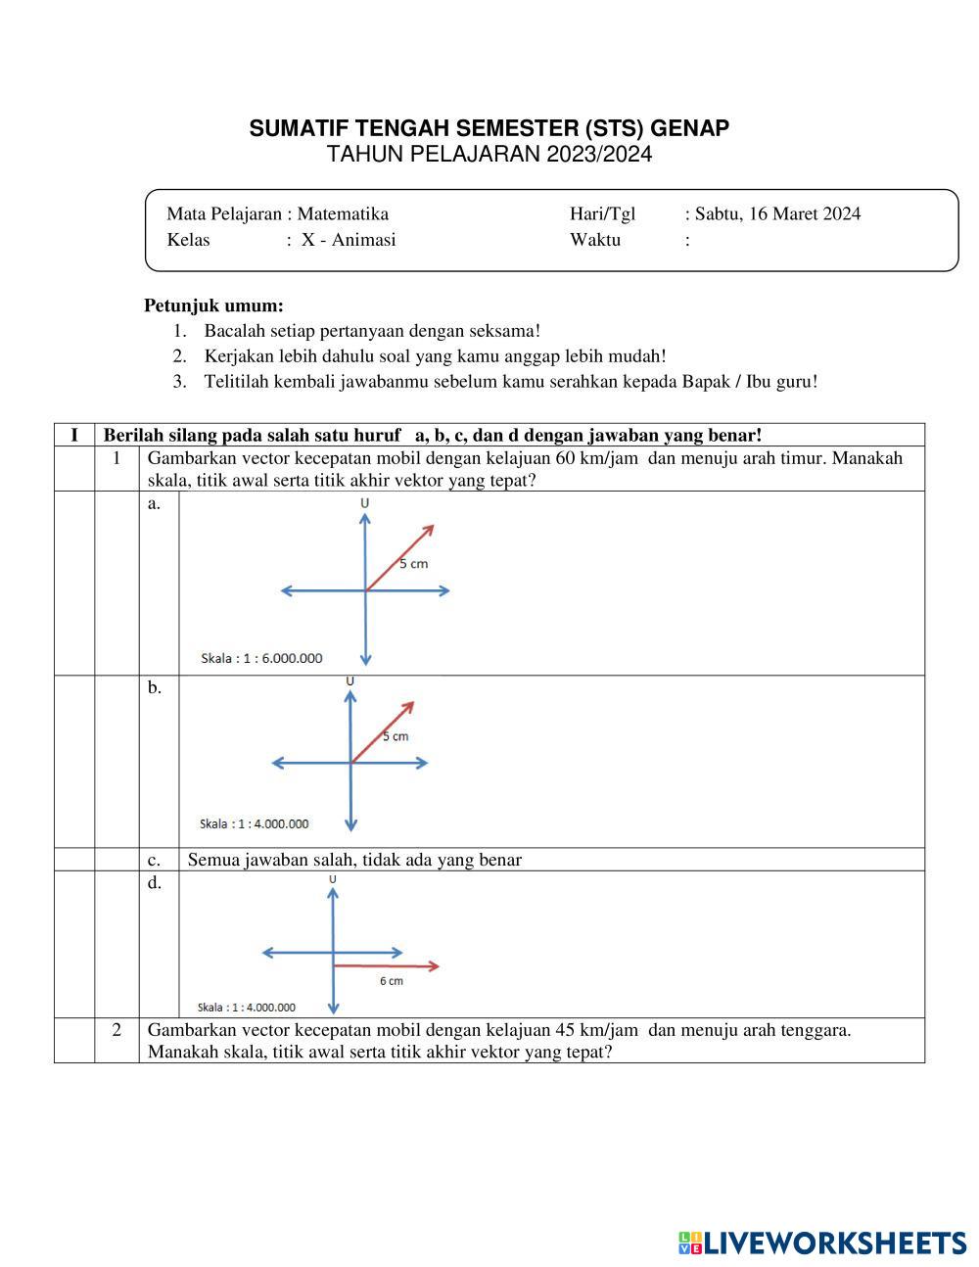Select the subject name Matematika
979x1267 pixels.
(343, 213)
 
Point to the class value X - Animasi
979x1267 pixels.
(349, 240)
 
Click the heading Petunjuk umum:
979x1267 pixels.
(213, 305)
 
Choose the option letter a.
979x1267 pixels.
(154, 503)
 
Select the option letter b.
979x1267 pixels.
(155, 687)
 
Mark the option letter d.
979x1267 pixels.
(155, 882)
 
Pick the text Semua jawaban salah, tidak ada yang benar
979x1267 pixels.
(354, 860)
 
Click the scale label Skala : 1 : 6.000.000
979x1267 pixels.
(261, 658)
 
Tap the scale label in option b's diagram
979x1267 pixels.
(255, 823)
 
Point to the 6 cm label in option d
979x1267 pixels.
(391, 980)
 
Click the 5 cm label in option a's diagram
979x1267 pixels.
(413, 563)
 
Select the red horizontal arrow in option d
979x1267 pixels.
(386, 965)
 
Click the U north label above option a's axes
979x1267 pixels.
(365, 502)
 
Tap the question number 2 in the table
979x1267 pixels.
(117, 1029)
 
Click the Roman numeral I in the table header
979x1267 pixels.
(74, 435)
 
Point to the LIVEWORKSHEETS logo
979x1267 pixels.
(822, 1243)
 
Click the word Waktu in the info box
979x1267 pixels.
(595, 240)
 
